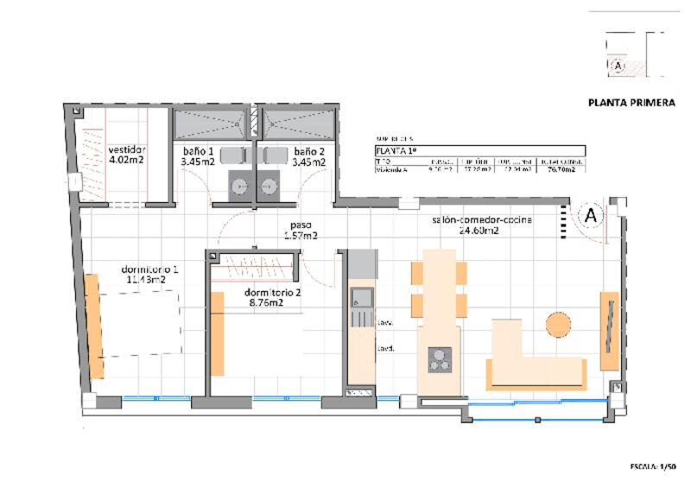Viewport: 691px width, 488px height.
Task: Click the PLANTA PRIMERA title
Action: click(631, 102)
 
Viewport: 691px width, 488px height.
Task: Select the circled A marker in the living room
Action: click(591, 216)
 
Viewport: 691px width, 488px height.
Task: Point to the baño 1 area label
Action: click(197, 156)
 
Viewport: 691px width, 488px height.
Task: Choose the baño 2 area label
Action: click(308, 156)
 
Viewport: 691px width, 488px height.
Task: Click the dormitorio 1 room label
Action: click(152, 275)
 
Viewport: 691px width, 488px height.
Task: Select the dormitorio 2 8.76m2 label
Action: click(273, 297)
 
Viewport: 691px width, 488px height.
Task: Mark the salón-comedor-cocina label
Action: click(482, 225)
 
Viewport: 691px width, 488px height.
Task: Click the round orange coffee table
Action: click(559, 325)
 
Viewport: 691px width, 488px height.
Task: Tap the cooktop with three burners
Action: click(441, 358)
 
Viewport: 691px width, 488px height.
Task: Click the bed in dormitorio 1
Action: click(138, 324)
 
